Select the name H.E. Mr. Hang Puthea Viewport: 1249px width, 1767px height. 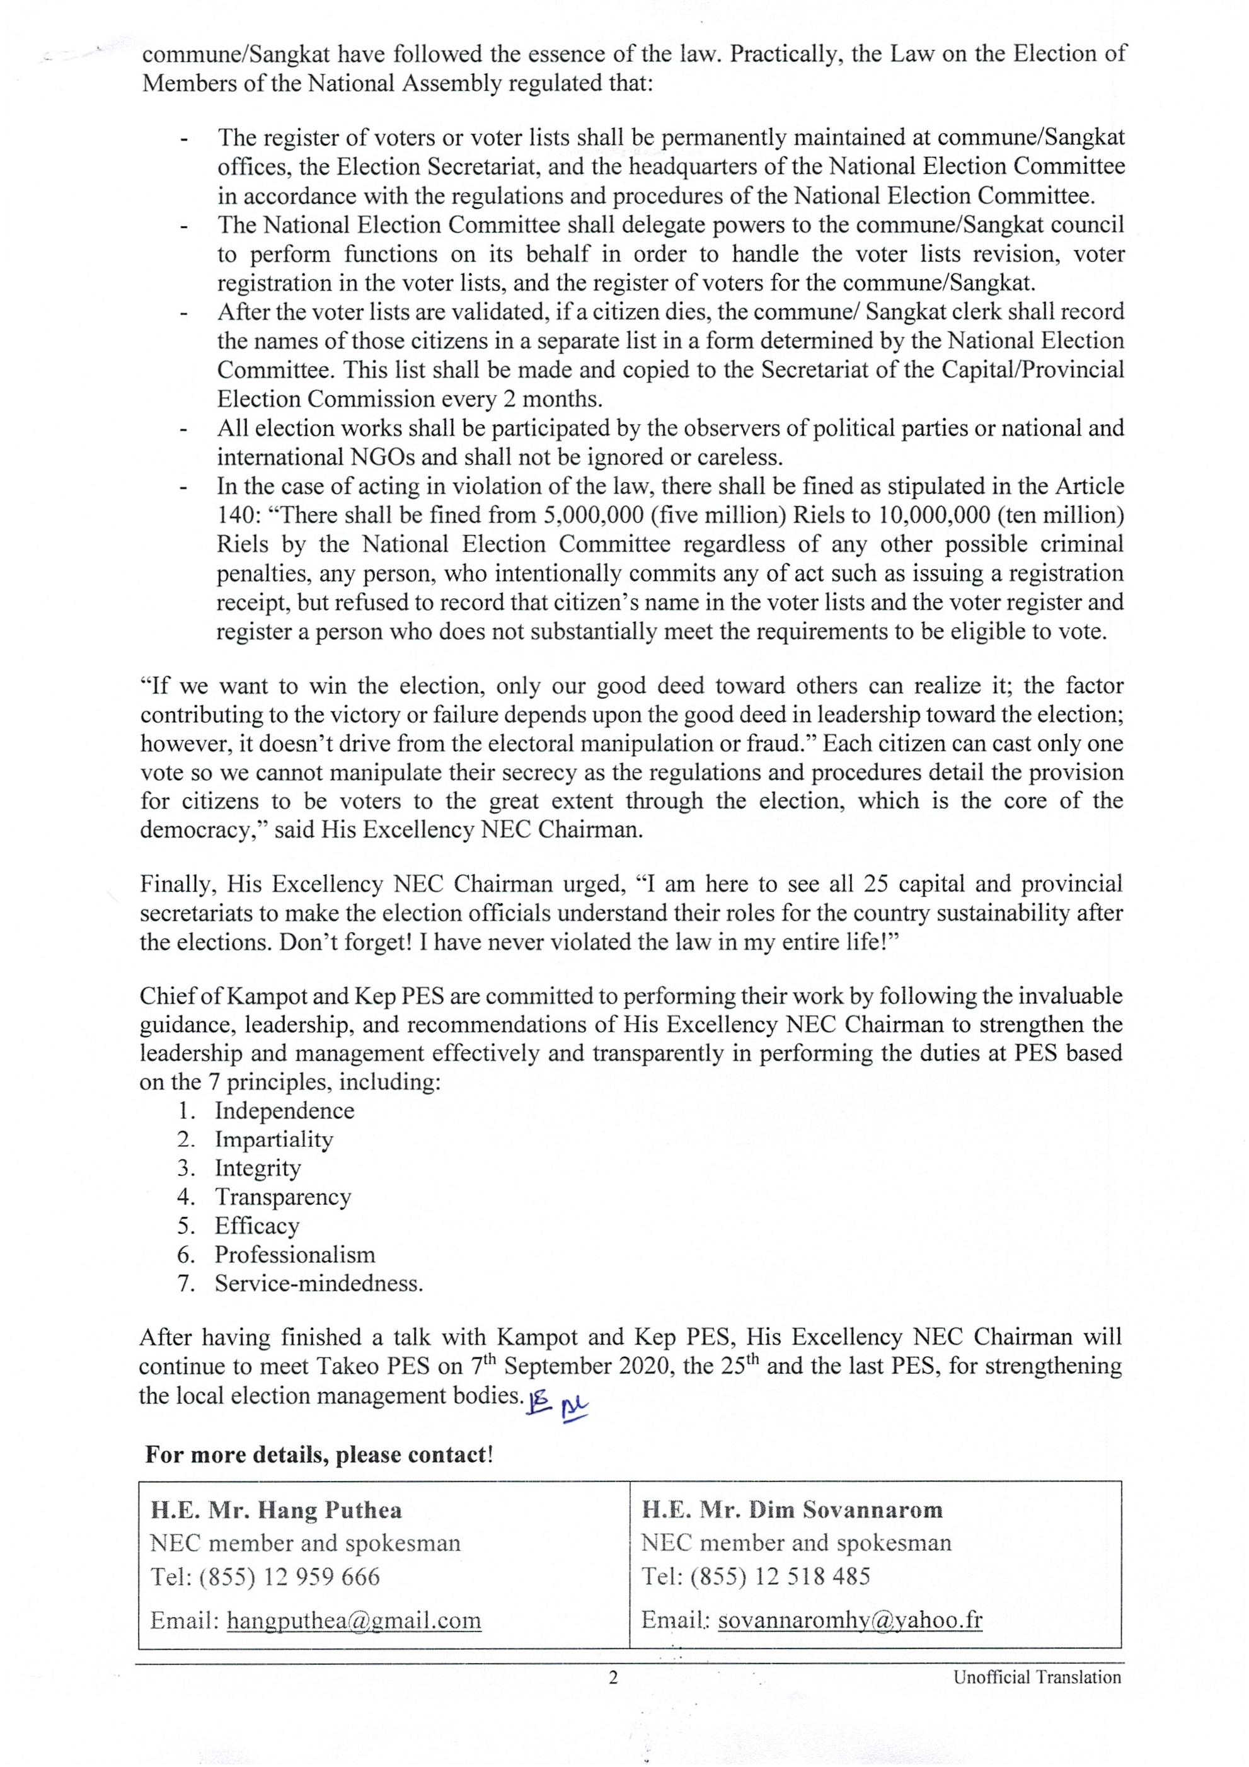pyautogui.click(x=275, y=1510)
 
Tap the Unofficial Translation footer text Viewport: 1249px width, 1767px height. pyautogui.click(x=1037, y=1677)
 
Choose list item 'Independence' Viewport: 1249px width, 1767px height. pyautogui.click(x=285, y=1110)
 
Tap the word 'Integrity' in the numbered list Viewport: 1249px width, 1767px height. pyautogui.click(x=258, y=1168)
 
